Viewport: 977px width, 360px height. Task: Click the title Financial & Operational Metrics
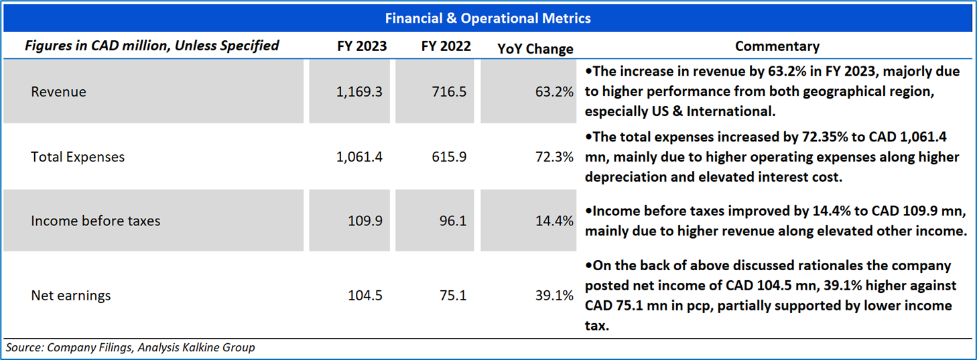[488, 18]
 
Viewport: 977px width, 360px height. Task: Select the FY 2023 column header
[362, 46]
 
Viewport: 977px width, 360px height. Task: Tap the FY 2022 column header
[446, 46]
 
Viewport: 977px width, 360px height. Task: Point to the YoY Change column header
[535, 48]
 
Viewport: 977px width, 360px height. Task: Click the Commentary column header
[777, 46]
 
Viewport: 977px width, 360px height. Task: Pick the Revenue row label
[58, 92]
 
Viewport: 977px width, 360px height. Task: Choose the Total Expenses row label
[78, 158]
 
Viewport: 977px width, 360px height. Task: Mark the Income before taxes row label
[95, 221]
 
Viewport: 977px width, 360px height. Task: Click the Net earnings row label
[71, 295]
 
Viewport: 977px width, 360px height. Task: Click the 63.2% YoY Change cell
[556, 92]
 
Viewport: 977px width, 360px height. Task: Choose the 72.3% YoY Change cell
[556, 158]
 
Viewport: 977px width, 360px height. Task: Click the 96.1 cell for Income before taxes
[454, 221]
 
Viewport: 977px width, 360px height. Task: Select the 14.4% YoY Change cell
[556, 221]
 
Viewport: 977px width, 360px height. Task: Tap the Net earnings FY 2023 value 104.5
[365, 295]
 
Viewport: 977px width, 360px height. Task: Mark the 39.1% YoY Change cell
[556, 295]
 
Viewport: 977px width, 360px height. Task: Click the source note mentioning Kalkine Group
[131, 347]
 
